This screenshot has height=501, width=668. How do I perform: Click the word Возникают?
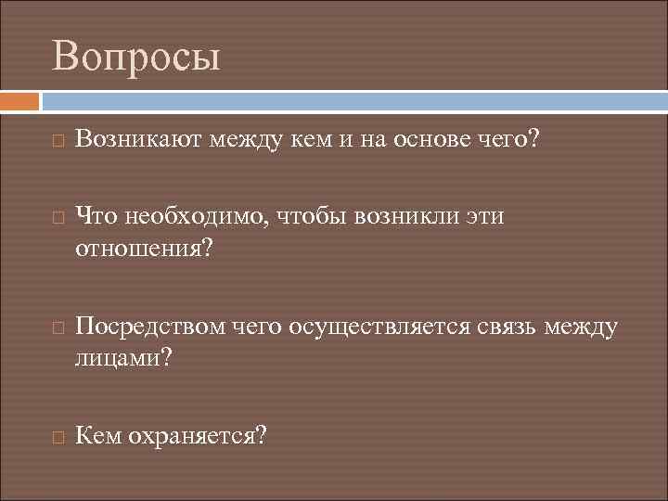click(138, 140)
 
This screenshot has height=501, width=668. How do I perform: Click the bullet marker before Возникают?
click(58, 142)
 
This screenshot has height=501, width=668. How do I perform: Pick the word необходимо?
click(191, 217)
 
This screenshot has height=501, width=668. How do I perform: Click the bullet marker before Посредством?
click(58, 328)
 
